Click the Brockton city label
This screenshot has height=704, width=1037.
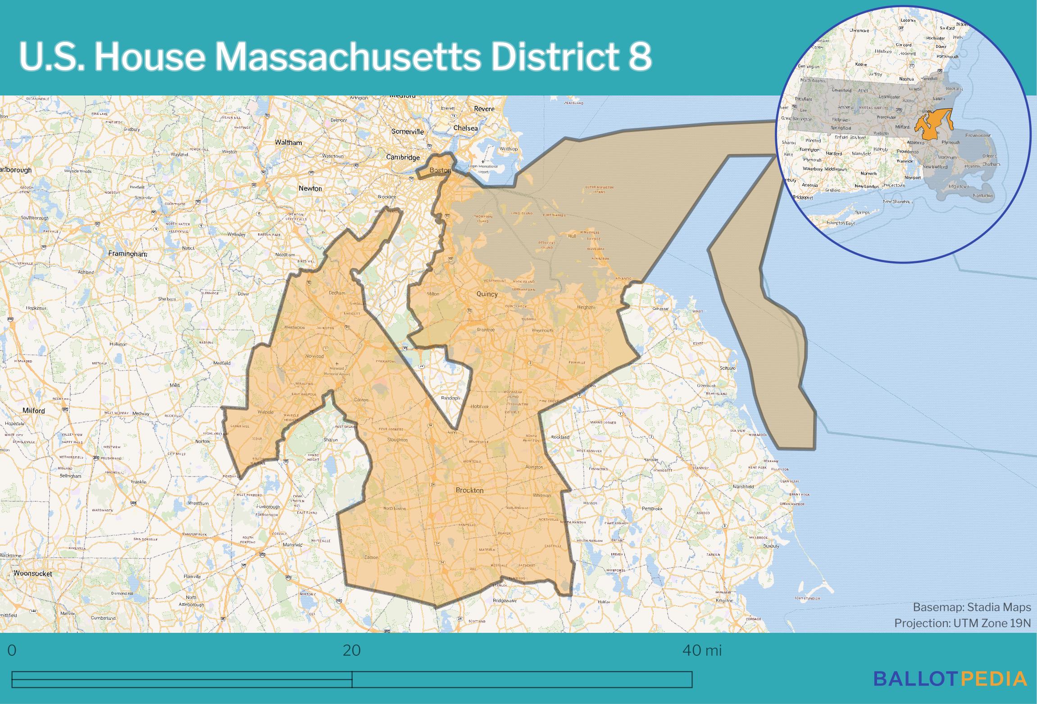(x=469, y=490)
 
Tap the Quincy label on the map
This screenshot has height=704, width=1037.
(x=487, y=294)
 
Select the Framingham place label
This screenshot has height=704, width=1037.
(x=127, y=254)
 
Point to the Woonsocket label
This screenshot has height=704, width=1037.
(x=32, y=573)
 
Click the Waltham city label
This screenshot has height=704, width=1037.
(x=288, y=142)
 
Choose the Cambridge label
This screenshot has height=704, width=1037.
(x=403, y=157)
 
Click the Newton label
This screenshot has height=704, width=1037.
(x=310, y=188)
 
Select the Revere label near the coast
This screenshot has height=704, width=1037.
(x=484, y=109)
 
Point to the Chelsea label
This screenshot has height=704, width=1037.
(x=465, y=128)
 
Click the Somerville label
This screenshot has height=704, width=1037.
(x=407, y=132)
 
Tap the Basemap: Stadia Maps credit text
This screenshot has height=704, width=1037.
(x=972, y=607)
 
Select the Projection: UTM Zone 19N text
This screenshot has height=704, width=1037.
(x=962, y=623)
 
